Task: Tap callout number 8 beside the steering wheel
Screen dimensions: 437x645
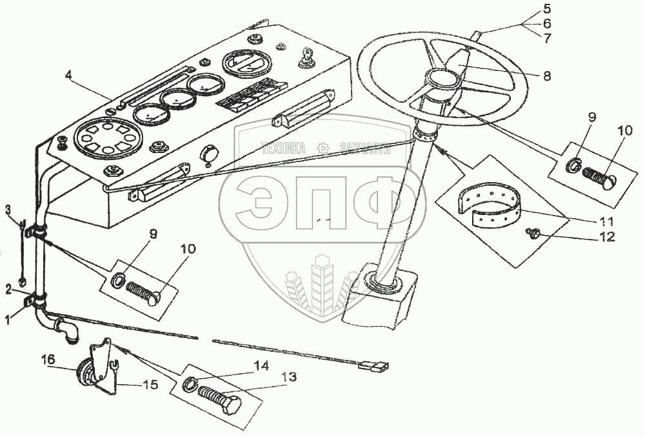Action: coord(546,76)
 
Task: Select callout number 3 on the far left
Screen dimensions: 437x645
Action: coord(8,209)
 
